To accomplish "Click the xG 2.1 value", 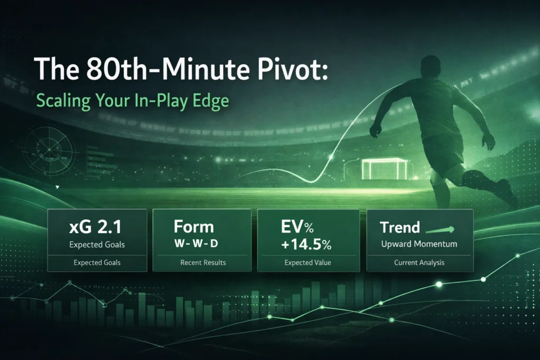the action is [x=95, y=227].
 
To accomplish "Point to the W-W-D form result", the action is [x=196, y=244].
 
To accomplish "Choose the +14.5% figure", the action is [x=306, y=245].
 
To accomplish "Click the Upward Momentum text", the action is [x=419, y=244].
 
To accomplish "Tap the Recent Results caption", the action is [x=203, y=262].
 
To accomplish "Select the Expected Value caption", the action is [x=308, y=262].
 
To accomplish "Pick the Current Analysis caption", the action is [x=419, y=262].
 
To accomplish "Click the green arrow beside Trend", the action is [x=440, y=230].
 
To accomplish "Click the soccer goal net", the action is [x=384, y=169].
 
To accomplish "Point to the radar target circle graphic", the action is [x=49, y=150].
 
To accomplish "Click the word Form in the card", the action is [x=194, y=227].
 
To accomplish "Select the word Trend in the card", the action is [x=400, y=227].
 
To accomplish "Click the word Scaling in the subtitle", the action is [x=63, y=101].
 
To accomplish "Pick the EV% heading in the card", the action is [x=297, y=227].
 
